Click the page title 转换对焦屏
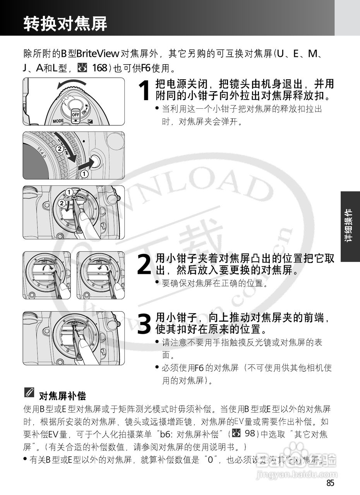click(65, 24)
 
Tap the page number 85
click(330, 483)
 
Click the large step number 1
click(144, 90)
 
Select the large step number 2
click(144, 265)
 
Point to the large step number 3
click(144, 324)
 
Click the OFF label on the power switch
click(75, 114)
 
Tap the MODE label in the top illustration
click(58, 121)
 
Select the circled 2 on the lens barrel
click(59, 148)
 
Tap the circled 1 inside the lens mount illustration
click(69, 192)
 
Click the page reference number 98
click(250, 434)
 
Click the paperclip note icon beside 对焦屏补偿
click(29, 393)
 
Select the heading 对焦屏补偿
click(62, 396)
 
